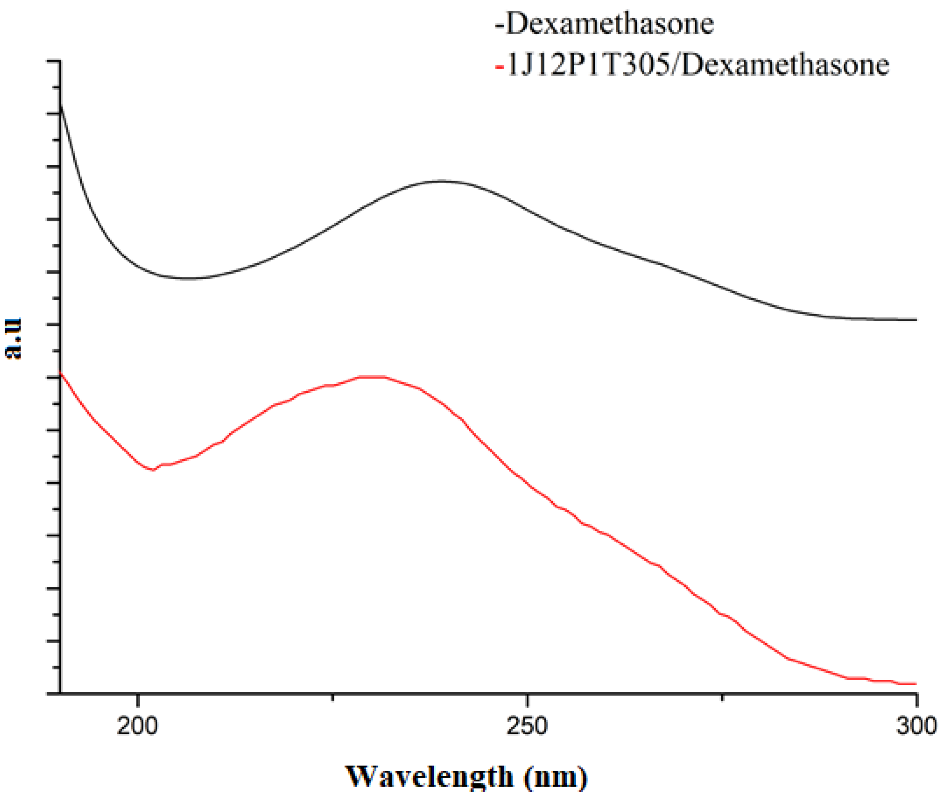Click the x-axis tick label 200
click(137, 726)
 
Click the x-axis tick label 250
click(527, 726)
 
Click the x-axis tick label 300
click(916, 726)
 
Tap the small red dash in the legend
click(500, 67)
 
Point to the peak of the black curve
click(441, 181)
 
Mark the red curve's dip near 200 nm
click(153, 470)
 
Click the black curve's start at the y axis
click(61, 104)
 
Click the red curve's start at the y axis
click(61, 373)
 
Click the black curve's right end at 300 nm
click(916, 320)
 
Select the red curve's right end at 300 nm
click(916, 684)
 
